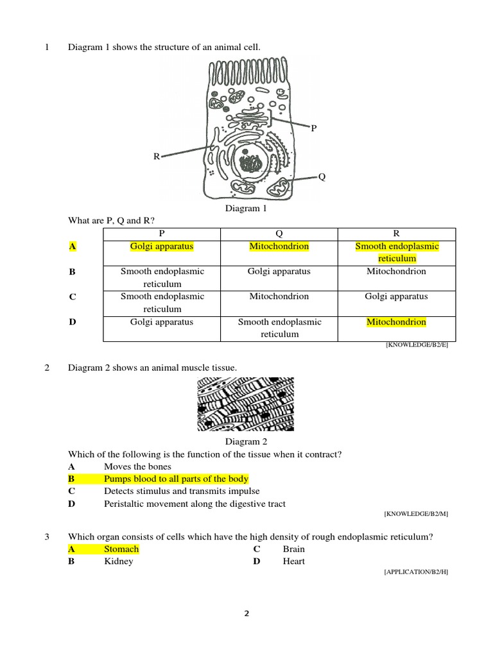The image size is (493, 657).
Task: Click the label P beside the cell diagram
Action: (314, 128)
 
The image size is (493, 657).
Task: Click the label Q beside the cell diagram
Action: (322, 177)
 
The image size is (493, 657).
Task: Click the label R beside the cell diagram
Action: (156, 156)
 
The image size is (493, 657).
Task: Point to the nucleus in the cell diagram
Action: (250, 163)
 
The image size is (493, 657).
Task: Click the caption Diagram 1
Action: (246, 209)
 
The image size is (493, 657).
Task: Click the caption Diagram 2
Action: (246, 441)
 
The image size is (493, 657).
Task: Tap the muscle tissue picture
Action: (246, 404)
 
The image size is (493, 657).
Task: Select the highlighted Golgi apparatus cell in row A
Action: (162, 246)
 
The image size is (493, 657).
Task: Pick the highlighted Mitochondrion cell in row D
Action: (396, 322)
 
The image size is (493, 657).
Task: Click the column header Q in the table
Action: (279, 234)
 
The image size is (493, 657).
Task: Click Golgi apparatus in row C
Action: (396, 296)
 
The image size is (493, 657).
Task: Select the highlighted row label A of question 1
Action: (72, 246)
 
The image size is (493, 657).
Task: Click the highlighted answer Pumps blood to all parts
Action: (176, 479)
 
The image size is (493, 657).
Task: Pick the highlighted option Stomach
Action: (121, 549)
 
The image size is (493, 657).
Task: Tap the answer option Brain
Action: (293, 549)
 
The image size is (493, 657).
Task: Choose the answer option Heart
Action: (293, 561)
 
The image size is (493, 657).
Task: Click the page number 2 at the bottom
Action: (246, 613)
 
